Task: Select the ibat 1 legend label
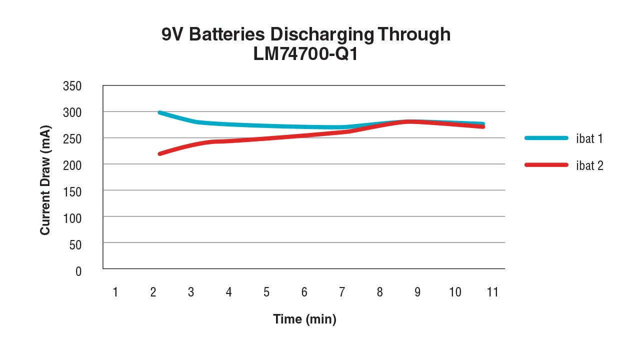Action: click(x=589, y=138)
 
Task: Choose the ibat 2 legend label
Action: click(x=589, y=165)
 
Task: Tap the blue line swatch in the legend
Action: click(x=546, y=137)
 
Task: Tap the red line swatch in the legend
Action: click(x=546, y=164)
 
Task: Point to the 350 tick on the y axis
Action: click(x=72, y=86)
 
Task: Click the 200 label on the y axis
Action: click(x=72, y=164)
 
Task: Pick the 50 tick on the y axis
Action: click(x=75, y=244)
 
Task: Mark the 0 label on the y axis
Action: click(x=78, y=271)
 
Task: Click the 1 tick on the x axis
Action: click(x=115, y=292)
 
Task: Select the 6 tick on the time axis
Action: click(x=304, y=292)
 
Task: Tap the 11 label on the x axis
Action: click(x=492, y=292)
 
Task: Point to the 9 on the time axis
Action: click(x=417, y=292)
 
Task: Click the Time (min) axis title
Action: click(x=304, y=319)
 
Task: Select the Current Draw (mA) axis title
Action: click(x=45, y=180)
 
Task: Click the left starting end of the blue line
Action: click(x=159, y=112)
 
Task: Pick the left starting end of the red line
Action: click(x=159, y=153)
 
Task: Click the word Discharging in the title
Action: click(x=322, y=35)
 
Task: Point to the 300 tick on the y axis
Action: click(x=72, y=112)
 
